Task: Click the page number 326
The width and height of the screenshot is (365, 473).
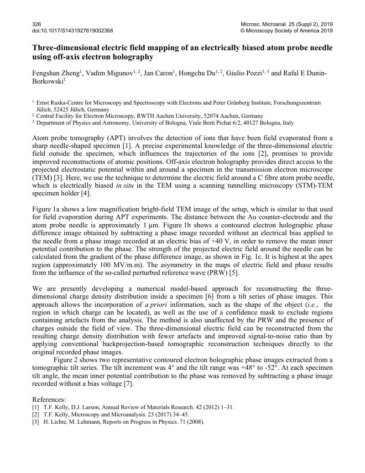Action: [36, 24]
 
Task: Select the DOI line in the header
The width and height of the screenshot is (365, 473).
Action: [73, 31]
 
